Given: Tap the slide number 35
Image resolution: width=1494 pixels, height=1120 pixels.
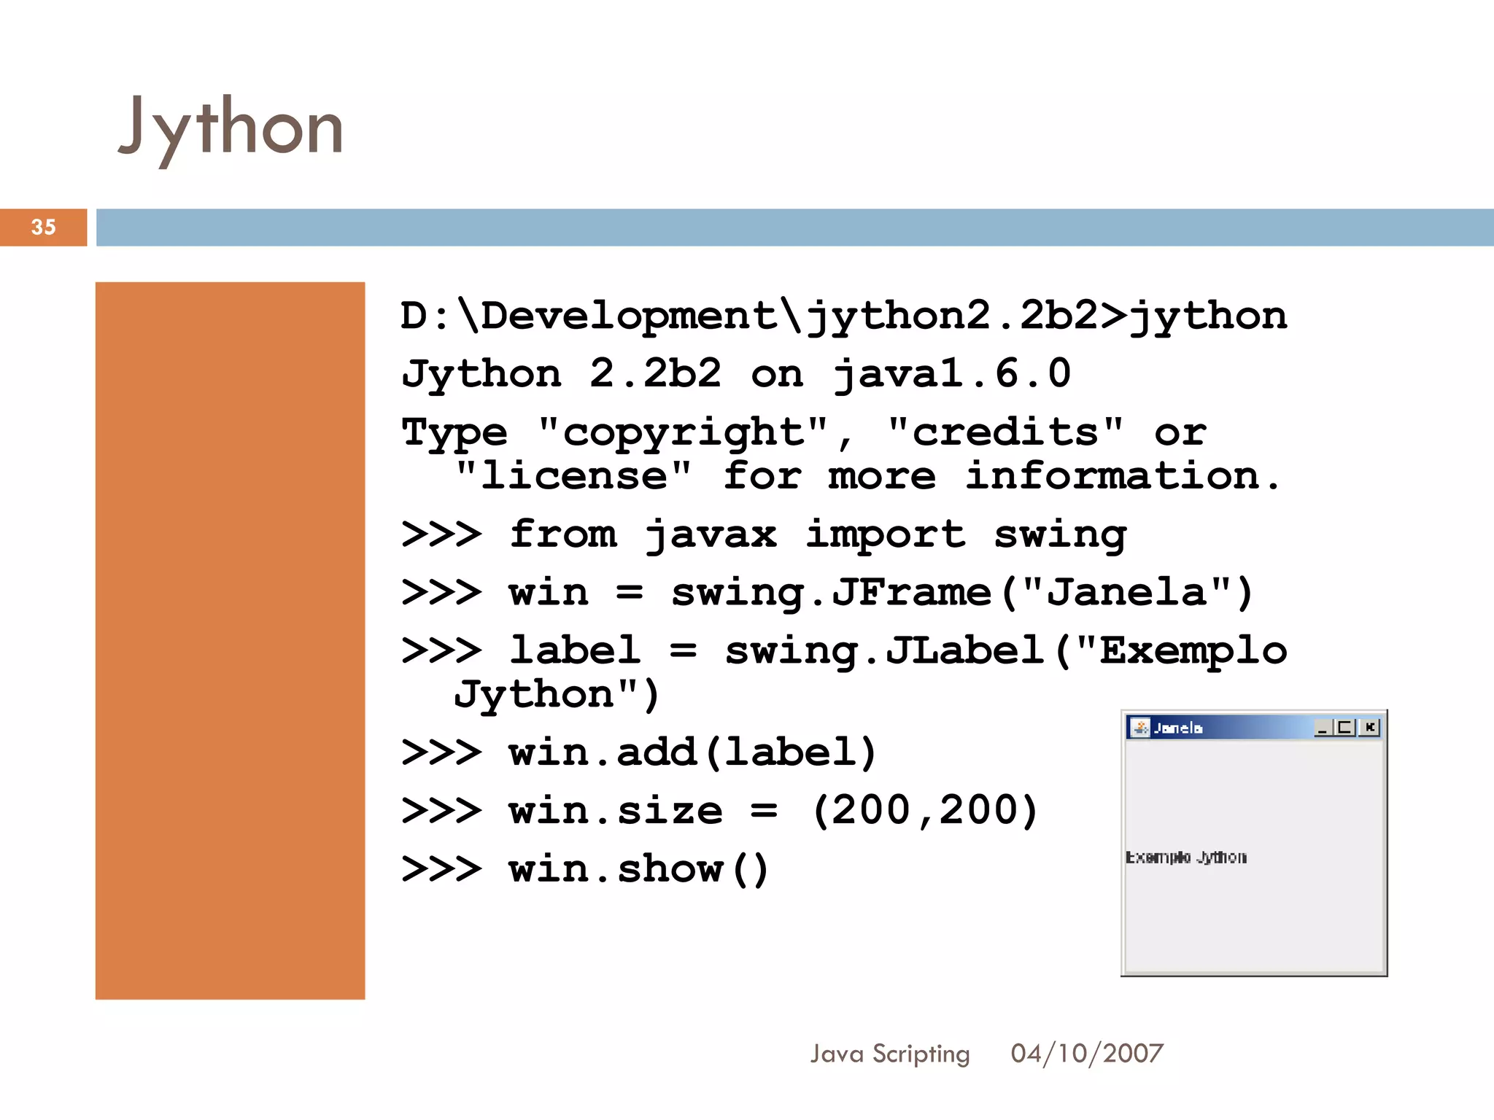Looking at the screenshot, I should pos(44,227).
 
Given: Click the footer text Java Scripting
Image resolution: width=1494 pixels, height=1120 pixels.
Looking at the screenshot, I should pos(890,1054).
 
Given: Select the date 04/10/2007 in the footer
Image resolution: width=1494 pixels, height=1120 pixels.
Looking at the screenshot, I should pos(1087,1054).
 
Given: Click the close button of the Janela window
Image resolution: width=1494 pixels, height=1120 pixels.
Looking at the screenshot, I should pos(1370,727).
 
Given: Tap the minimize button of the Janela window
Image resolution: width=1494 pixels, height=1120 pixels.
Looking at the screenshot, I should pos(1323,727).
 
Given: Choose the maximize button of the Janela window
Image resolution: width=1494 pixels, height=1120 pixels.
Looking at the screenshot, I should pos(1346,727).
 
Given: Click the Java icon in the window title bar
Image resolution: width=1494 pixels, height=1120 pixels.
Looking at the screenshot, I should pos(1139,727).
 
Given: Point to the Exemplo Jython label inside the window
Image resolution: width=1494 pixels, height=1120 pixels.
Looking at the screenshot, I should pos(1186,857).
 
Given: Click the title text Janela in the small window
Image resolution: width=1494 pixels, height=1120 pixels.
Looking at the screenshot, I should pos(1178,728).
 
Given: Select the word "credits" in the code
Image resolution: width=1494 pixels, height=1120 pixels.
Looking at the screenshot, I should pos(1005,432).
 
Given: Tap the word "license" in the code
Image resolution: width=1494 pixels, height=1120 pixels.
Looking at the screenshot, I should pos(573,476).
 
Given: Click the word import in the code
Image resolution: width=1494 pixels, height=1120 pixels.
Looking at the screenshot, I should pos(886,534).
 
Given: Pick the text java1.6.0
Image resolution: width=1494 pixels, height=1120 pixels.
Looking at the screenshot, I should pos(952,374).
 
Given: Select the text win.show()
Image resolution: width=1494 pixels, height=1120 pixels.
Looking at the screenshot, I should pos(638,869).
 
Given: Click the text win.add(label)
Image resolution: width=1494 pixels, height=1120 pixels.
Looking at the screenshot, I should pos(692,752).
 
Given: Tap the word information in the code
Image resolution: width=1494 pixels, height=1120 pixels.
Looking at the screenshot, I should pos(1122,476).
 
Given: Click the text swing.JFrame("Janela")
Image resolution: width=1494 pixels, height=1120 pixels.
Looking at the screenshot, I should pos(961,592).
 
